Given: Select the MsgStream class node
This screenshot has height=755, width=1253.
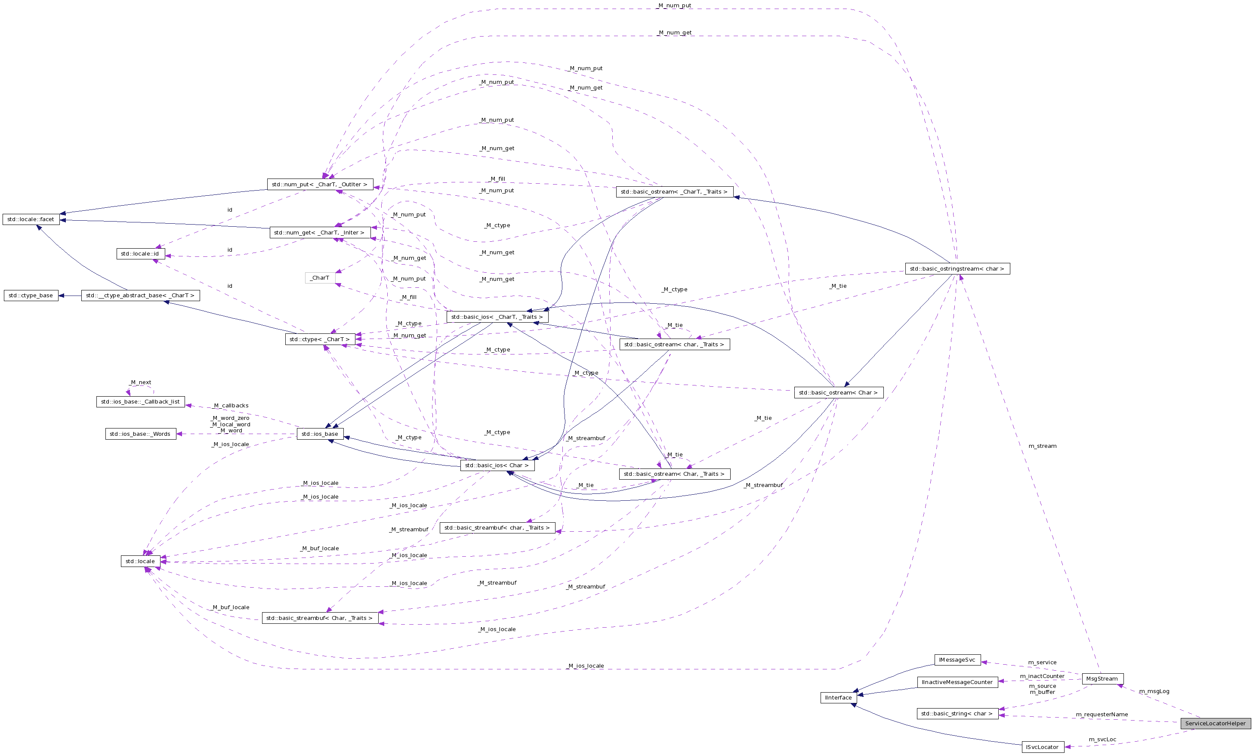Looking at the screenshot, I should pos(1102,678).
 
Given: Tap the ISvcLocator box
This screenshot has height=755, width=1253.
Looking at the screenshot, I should pos(1042,747).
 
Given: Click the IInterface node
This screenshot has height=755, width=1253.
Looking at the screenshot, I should pos(838,697).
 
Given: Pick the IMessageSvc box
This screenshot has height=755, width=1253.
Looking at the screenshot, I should pos(957,659).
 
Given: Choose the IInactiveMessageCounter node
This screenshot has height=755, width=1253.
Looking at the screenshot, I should pos(957,682).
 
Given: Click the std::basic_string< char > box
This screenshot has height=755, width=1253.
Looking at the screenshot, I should pos(957,713).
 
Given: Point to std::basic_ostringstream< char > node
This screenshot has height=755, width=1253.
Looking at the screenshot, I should pos(957,268).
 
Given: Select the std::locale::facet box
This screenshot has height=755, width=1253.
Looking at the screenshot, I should pos(31,219).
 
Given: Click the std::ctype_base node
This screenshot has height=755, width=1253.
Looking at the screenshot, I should pos(31,296).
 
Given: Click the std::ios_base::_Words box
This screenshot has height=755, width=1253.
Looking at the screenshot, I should pos(140,434).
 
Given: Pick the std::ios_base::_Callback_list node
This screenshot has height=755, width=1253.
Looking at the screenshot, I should pos(140,402).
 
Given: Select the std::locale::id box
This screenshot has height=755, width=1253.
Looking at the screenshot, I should pos(140,254).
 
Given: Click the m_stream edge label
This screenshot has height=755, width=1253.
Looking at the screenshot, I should pos(1042,446).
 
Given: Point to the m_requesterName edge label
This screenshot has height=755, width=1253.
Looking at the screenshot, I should pos(1102,714).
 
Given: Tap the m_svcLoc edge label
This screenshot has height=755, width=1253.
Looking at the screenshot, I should pos(1102,739).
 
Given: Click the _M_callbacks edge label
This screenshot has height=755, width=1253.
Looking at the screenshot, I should pos(231,405).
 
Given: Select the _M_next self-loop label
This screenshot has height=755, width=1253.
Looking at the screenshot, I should pos(140,382).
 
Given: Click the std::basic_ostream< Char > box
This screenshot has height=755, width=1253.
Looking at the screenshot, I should pos(838,392).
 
